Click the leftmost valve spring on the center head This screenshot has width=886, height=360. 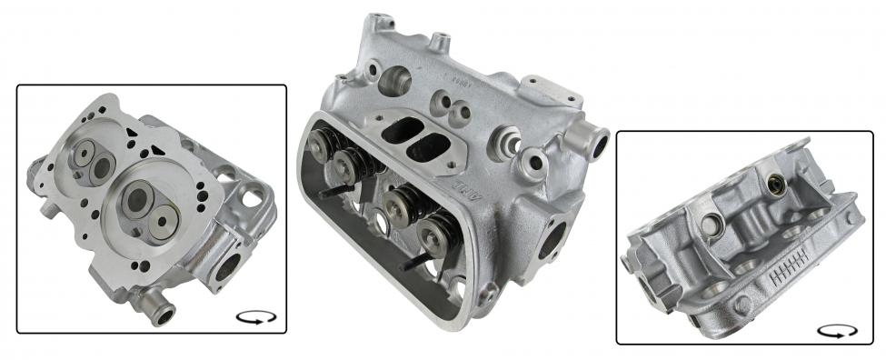321,144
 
